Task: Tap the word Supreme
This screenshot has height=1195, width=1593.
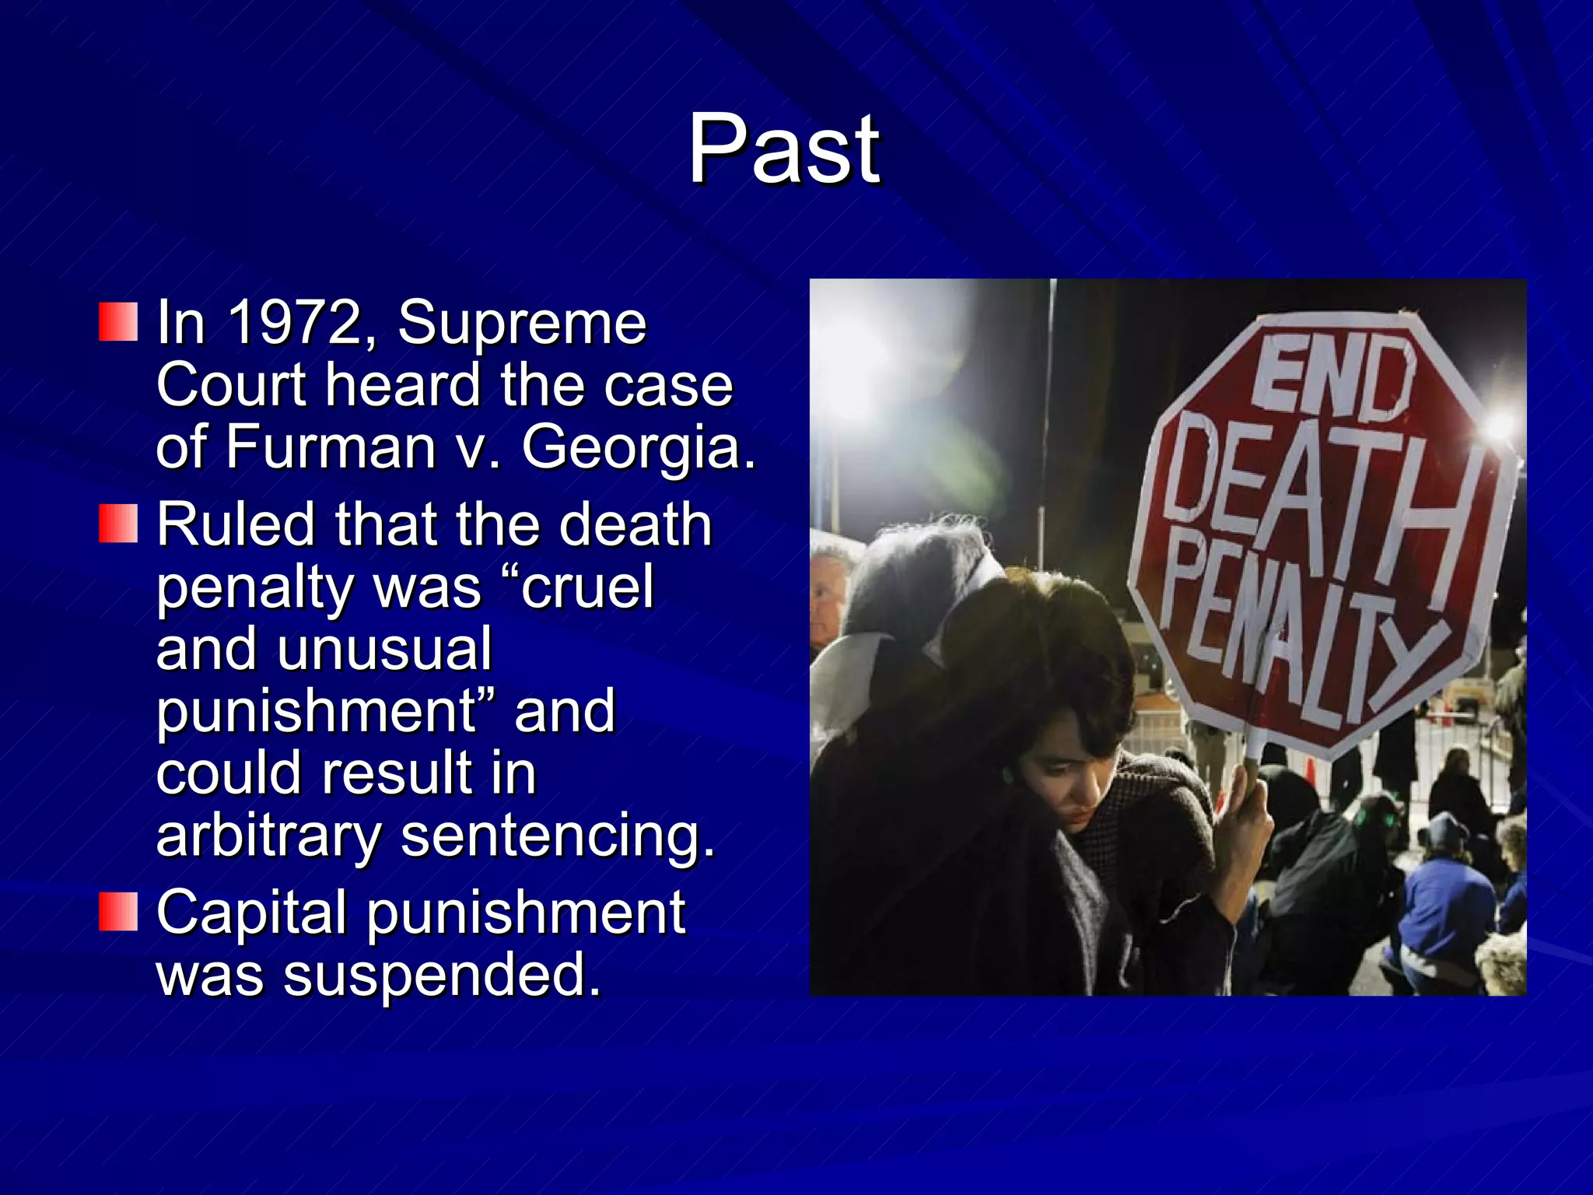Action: tap(522, 322)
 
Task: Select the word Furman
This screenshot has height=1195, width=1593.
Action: tap(330, 447)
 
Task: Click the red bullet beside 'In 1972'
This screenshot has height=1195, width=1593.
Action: tap(118, 322)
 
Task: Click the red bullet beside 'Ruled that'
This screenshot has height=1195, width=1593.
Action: tap(118, 524)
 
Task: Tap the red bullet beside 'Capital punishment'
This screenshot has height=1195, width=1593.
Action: tap(118, 912)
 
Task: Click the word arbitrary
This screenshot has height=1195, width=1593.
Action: tap(268, 836)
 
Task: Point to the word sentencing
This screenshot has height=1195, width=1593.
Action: tap(557, 837)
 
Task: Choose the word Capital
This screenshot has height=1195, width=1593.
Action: tap(251, 912)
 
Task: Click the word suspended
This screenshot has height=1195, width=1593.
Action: tap(441, 975)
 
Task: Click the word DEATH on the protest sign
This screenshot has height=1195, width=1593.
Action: tap(1315, 498)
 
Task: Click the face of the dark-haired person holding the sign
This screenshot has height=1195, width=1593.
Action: tap(1066, 786)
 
